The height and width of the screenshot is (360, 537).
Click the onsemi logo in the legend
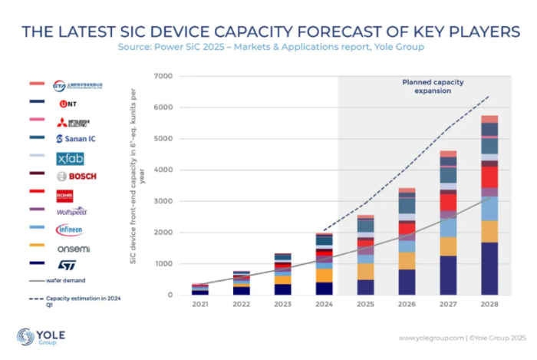(x=73, y=247)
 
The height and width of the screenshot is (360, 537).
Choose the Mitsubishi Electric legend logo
(x=73, y=121)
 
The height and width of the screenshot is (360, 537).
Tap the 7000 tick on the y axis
(x=163, y=76)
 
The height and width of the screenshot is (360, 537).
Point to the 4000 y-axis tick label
(x=163, y=170)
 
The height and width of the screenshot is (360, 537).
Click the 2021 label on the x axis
(x=199, y=305)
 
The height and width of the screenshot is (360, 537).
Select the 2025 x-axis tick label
(x=366, y=305)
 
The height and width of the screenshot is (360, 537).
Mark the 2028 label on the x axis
(x=489, y=305)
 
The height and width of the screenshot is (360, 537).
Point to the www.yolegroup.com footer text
(x=428, y=338)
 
